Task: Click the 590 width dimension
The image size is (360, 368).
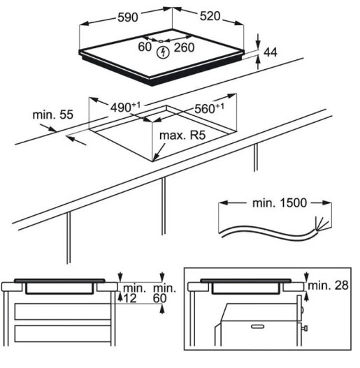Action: (x=128, y=17)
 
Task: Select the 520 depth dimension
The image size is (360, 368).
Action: (x=210, y=16)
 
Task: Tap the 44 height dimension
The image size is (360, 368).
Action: (x=271, y=52)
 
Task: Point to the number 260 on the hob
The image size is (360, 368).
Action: (x=185, y=47)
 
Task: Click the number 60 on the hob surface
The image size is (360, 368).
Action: (x=145, y=47)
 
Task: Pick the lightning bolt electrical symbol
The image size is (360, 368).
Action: (x=163, y=52)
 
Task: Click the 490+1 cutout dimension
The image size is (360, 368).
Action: (x=125, y=107)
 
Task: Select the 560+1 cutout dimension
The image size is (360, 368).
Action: (x=210, y=108)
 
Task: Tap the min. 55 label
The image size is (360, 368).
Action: (x=53, y=115)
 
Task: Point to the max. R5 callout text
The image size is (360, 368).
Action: (x=182, y=135)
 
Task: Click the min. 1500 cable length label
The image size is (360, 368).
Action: (x=280, y=203)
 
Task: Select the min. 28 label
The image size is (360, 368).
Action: (x=328, y=286)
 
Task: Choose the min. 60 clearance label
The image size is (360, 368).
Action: (x=164, y=293)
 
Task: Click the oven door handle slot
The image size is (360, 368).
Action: (x=257, y=327)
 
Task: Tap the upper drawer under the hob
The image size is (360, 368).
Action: (x=63, y=311)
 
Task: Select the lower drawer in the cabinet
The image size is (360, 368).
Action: (x=63, y=334)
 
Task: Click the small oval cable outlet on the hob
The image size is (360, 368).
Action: (x=161, y=41)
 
